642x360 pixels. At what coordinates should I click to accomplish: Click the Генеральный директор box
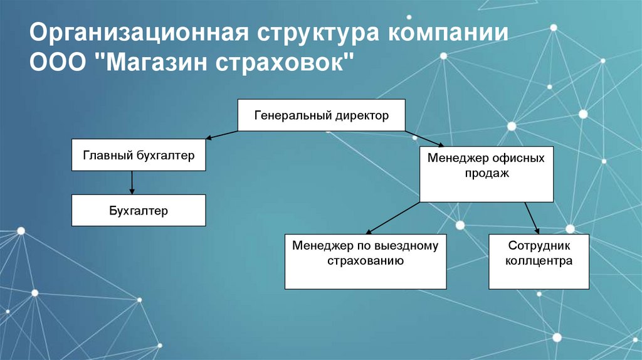point(322,115)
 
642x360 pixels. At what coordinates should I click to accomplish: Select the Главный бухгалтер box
point(139,155)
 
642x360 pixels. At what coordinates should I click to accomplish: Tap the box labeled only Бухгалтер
point(139,210)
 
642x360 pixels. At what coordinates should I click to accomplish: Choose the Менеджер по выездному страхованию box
point(365,262)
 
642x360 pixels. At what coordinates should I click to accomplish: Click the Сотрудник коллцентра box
point(539,262)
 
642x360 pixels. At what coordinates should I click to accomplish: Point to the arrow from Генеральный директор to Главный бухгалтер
point(222,135)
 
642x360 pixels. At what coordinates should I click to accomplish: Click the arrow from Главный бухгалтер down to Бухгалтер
point(132,183)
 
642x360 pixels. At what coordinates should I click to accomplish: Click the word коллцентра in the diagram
point(539,261)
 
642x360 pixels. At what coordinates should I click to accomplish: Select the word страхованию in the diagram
point(365,261)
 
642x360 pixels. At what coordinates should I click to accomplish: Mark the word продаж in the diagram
point(486,173)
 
